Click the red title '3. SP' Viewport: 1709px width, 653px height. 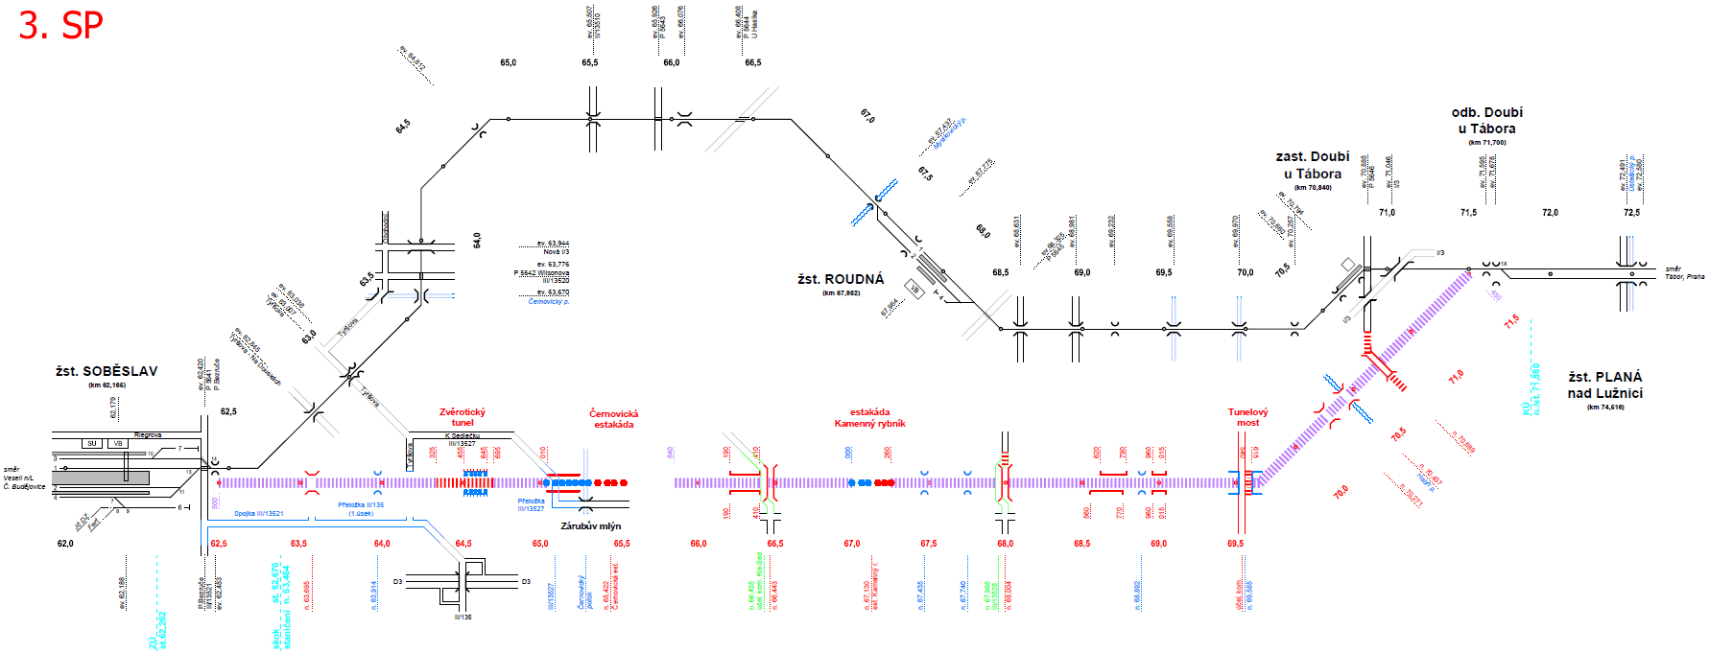(x=60, y=26)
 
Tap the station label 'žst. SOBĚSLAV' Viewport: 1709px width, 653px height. (x=107, y=371)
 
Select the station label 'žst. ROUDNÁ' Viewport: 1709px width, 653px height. (x=841, y=279)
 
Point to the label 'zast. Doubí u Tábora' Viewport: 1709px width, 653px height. (x=1313, y=165)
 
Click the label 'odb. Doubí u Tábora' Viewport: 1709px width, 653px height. (x=1486, y=120)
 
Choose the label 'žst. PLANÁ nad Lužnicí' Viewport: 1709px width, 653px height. (x=1605, y=385)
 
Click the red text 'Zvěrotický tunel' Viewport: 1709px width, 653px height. (x=463, y=417)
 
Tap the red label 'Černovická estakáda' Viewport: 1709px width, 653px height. (x=614, y=419)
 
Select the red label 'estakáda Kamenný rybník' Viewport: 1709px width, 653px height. (x=869, y=418)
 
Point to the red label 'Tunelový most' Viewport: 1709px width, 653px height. (x=1247, y=417)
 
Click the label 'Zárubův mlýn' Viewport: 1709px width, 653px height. (x=591, y=525)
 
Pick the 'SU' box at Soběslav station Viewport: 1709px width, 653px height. (x=92, y=443)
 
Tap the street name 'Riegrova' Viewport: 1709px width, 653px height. (x=148, y=435)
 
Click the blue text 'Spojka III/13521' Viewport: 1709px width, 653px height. (x=259, y=514)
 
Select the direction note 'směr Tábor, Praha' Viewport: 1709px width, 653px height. (x=1685, y=273)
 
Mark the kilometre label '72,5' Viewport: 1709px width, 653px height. (x=1631, y=213)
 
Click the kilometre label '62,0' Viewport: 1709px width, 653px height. (x=65, y=544)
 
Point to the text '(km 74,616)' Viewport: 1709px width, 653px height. (x=1605, y=408)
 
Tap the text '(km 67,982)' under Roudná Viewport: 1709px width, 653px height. (x=841, y=293)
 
